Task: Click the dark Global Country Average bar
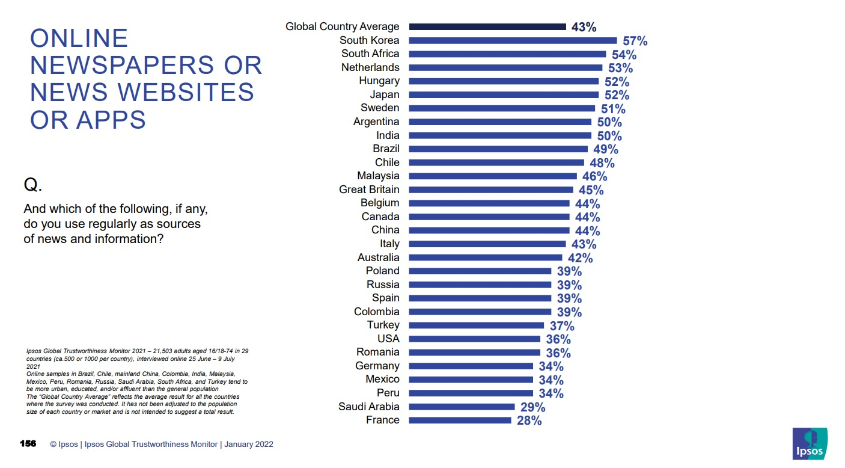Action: pyautogui.click(x=487, y=26)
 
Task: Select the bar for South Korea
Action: pyautogui.click(x=513, y=40)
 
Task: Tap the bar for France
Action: pyautogui.click(x=460, y=420)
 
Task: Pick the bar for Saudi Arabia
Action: pyautogui.click(x=462, y=407)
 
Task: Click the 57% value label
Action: pyautogui.click(x=635, y=41)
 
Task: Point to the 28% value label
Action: pyautogui.click(x=529, y=420)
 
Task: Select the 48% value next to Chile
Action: pyautogui.click(x=602, y=163)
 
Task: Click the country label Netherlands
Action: pyautogui.click(x=370, y=67)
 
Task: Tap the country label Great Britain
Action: pyautogui.click(x=369, y=189)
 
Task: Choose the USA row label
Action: pyautogui.click(x=388, y=339)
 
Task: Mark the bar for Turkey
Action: pyautogui.click(x=477, y=325)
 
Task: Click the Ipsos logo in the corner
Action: pyautogui.click(x=810, y=444)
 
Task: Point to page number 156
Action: pyautogui.click(x=28, y=444)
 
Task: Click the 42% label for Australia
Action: pyautogui.click(x=580, y=258)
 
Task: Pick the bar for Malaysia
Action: pyautogui.click(x=493, y=176)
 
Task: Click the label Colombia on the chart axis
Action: pyautogui.click(x=377, y=312)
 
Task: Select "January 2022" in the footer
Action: pyautogui.click(x=249, y=445)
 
